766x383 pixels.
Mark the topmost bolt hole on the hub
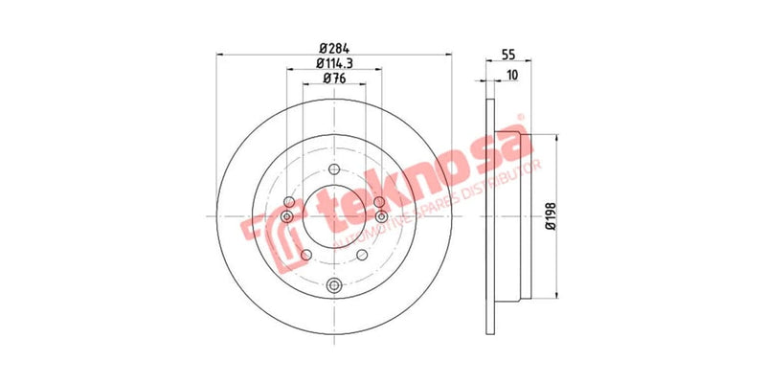pyautogui.click(x=333, y=170)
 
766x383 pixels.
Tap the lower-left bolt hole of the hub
pyautogui.click(x=304, y=256)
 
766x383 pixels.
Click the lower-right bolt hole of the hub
pyautogui.click(x=362, y=256)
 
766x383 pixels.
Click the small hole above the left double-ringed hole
pyautogui.click(x=288, y=202)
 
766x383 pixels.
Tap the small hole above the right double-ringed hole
pyautogui.click(x=379, y=202)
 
